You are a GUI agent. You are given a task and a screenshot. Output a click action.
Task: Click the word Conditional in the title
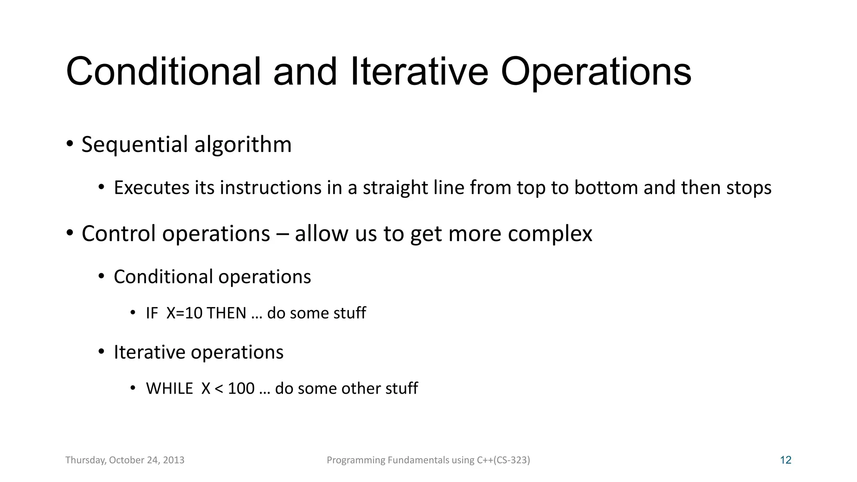(163, 72)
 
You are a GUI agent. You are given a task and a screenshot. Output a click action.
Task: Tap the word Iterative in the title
(419, 72)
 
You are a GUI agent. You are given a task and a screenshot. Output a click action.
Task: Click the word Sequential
(134, 144)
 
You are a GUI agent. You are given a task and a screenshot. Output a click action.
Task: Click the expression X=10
(184, 313)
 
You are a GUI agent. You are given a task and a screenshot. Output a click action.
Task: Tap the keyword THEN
(226, 313)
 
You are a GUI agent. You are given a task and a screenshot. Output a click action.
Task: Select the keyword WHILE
(169, 388)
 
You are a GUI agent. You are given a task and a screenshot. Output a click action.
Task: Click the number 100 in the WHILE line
(241, 388)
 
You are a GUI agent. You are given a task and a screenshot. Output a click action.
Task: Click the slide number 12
(785, 460)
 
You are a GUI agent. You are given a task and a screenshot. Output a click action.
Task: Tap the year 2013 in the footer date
(174, 460)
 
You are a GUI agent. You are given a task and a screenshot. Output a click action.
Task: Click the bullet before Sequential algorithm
(70, 144)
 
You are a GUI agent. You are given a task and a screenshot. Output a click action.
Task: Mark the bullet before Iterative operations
(101, 351)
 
